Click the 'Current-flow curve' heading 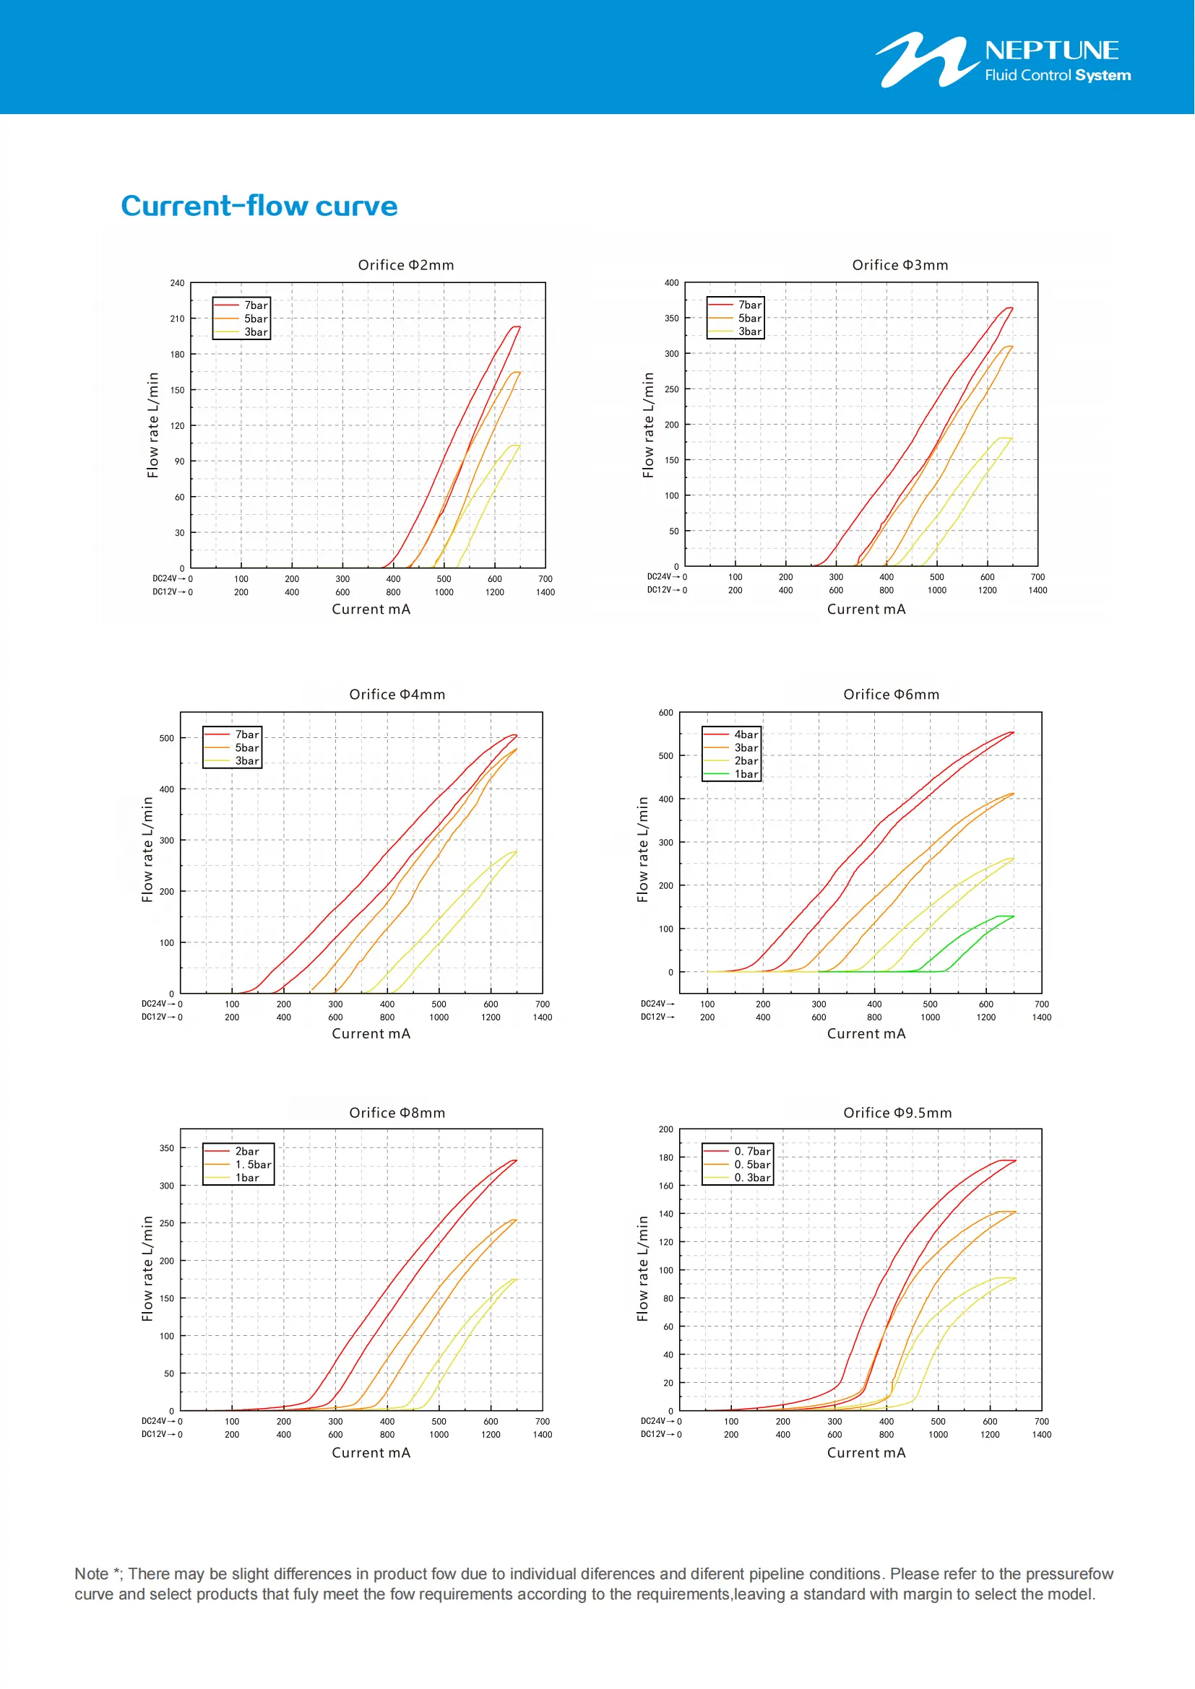(x=259, y=206)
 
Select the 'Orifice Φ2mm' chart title (x=405, y=265)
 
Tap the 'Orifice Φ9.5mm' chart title (x=897, y=1113)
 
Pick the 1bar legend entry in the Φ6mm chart (x=746, y=774)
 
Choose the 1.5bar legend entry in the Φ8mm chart (x=252, y=1165)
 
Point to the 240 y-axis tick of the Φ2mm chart (x=177, y=283)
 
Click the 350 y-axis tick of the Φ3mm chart (x=671, y=318)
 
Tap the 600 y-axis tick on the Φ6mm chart (x=665, y=713)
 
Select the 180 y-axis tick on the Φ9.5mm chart (x=665, y=1158)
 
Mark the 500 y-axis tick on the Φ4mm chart (x=167, y=739)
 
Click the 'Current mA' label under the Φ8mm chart (x=371, y=1453)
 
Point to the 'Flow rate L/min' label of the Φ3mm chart (x=648, y=425)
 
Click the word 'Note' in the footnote (x=91, y=1574)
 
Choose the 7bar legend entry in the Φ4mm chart (x=246, y=734)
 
